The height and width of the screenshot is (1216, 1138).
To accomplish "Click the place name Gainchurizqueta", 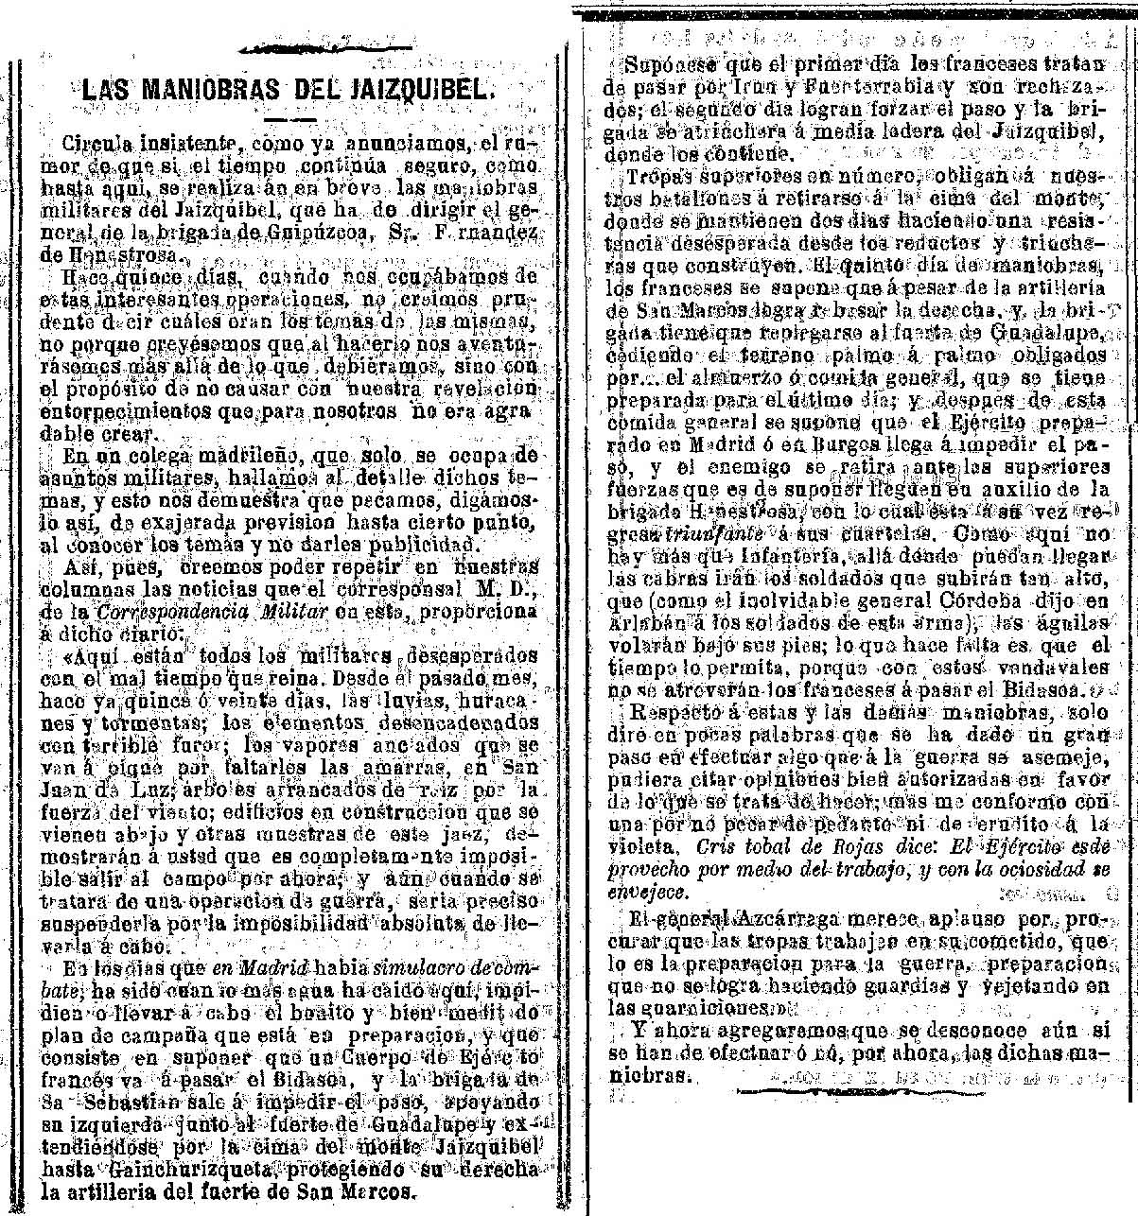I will point(162,1166).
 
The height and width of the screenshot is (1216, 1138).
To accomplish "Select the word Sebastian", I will point(119,1102).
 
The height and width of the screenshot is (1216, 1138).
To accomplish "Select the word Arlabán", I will point(642,622).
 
